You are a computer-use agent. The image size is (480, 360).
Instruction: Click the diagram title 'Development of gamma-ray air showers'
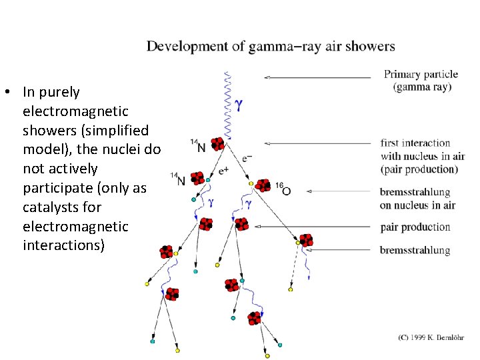coord(271,47)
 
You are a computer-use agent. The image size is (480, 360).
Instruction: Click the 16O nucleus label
coord(282,190)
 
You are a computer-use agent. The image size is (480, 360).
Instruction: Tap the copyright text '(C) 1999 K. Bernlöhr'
coord(431,338)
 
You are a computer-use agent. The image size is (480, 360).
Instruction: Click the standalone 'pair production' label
coord(415,227)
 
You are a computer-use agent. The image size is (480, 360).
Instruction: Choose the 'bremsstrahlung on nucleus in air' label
coord(417,199)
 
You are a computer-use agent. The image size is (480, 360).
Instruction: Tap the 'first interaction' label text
coord(415,143)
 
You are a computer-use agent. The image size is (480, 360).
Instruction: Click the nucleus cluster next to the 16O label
coord(263,185)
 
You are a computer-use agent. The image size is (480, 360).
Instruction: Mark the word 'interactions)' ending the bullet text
coord(63,246)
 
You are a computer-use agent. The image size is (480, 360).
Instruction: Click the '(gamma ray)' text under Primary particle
coord(423,87)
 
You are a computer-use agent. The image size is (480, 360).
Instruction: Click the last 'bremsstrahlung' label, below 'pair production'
coord(415,251)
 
